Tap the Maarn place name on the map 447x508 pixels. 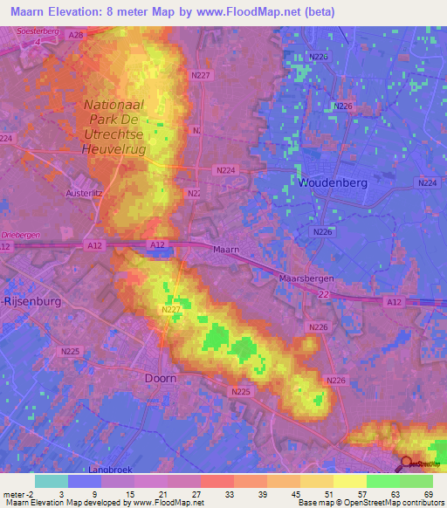pos(225,250)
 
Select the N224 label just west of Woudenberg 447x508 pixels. pos(226,170)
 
